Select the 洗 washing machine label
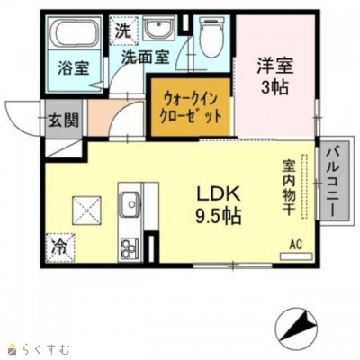point(122,29)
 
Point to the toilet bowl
point(208,37)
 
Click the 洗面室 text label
point(146,56)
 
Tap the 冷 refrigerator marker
point(57,243)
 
